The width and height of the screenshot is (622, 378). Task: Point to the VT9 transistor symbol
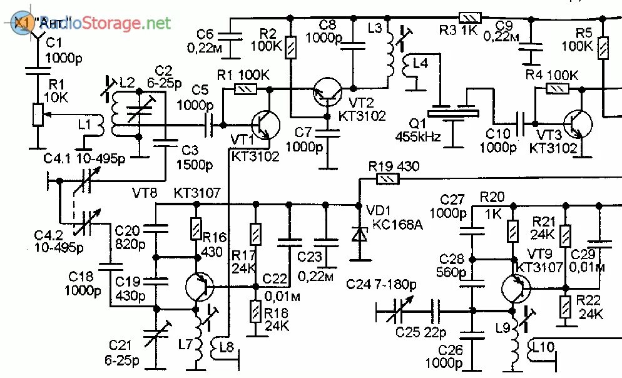[516, 289]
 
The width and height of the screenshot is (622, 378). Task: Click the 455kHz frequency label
[418, 136]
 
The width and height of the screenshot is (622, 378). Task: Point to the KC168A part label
[397, 225]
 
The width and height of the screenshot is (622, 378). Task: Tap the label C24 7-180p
[382, 285]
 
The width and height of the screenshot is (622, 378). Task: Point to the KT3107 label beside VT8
[197, 193]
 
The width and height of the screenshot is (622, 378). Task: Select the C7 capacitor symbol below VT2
[327, 132]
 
